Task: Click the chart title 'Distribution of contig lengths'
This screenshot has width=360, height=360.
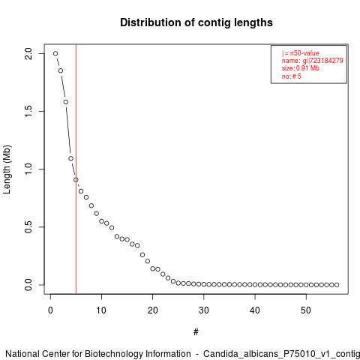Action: click(196, 22)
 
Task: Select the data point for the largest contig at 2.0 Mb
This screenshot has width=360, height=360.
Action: click(55, 53)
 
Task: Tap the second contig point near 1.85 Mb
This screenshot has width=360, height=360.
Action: click(61, 70)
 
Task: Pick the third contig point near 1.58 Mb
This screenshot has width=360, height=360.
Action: click(66, 102)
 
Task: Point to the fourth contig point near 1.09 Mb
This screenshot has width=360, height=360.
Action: click(70, 158)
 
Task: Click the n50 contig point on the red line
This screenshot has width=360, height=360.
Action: click(76, 180)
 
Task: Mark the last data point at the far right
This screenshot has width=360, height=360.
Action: click(337, 285)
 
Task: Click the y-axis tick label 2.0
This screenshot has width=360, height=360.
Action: click(28, 53)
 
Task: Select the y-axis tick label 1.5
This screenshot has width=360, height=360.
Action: click(28, 111)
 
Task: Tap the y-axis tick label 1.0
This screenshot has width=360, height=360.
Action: click(28, 169)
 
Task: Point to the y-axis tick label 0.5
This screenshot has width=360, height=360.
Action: click(28, 227)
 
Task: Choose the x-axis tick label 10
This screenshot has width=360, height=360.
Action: click(101, 310)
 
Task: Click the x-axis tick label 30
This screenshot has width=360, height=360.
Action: click(204, 310)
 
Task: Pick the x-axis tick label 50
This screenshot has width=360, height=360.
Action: click(306, 310)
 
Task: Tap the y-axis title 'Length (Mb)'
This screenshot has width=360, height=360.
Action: click(7, 169)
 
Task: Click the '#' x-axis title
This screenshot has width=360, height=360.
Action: click(196, 332)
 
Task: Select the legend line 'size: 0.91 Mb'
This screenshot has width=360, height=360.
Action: click(301, 68)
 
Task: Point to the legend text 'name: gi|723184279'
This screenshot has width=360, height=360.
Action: click(313, 61)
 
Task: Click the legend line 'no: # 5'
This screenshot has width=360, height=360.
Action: click(292, 76)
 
